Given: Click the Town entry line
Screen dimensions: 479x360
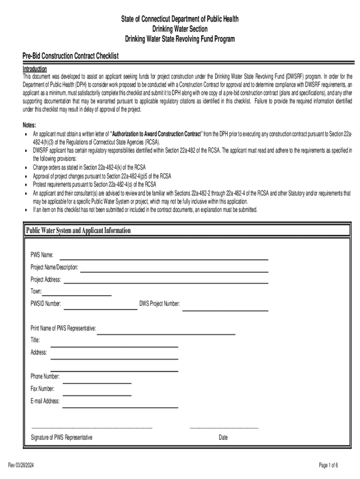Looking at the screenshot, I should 77,295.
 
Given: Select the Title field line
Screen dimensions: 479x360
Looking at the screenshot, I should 114,346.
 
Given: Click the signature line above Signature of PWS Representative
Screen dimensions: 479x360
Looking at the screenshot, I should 92,427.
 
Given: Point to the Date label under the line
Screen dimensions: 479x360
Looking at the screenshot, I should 223,438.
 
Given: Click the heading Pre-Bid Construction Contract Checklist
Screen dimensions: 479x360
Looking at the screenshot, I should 71,56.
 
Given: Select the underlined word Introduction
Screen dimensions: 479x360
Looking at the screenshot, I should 35,68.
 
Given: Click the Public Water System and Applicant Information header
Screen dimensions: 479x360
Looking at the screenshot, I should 79,231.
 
